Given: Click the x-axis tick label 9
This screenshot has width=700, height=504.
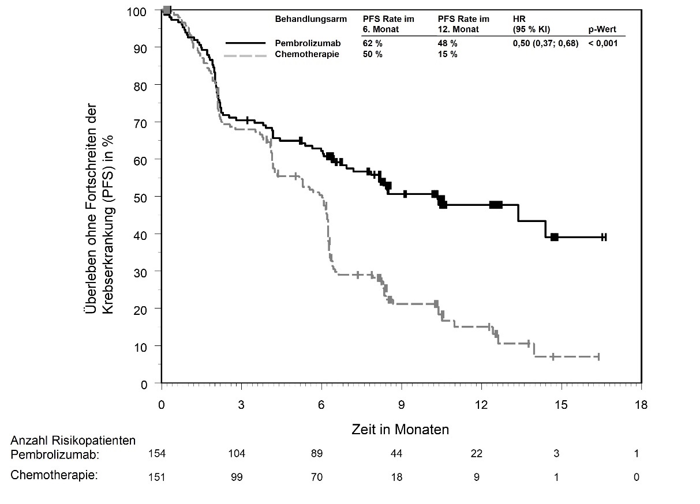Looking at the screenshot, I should (401, 404).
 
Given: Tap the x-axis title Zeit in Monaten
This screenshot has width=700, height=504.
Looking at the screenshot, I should (400, 430).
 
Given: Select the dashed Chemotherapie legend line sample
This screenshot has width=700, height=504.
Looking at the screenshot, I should (246, 55).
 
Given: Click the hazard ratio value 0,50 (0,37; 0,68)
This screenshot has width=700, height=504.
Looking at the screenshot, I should (545, 44).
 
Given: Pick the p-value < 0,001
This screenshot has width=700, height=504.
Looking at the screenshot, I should (603, 44).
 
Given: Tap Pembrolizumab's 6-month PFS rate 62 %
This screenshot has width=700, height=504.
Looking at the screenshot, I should (373, 44).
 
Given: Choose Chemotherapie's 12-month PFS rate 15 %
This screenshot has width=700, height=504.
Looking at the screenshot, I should (447, 55).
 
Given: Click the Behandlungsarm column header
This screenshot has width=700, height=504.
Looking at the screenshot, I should (312, 19).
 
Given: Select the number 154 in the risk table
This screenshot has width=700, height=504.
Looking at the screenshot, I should (157, 454).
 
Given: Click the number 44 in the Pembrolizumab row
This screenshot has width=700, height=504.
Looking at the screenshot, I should (396, 454).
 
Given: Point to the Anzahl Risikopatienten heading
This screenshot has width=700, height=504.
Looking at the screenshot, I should (73, 441).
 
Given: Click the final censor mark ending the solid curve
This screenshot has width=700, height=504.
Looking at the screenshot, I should (604, 237).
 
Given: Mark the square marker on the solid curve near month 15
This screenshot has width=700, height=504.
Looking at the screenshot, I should (554, 237).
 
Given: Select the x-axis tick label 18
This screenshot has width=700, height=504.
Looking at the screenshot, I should (641, 404).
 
